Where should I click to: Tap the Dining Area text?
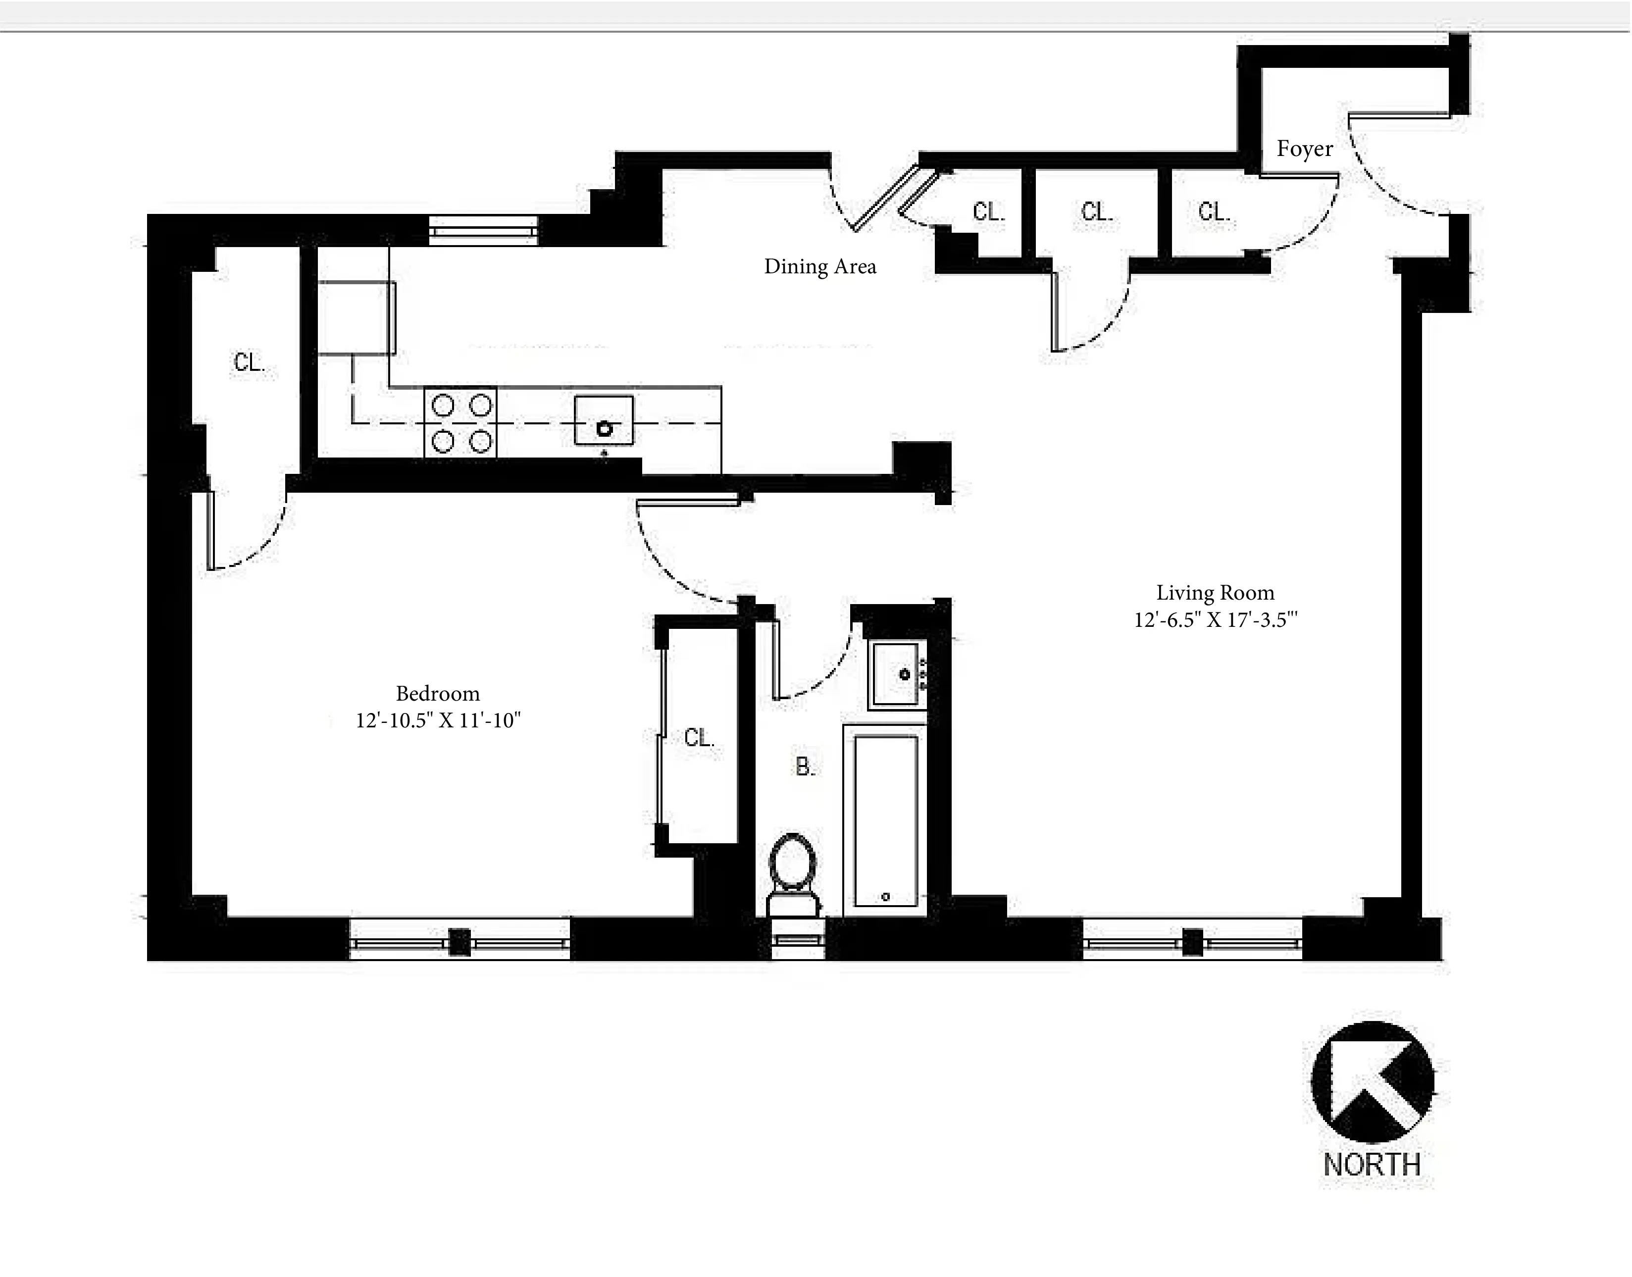819,267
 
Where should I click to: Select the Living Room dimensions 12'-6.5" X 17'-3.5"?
1215,620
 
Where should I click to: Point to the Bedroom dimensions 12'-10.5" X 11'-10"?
437,720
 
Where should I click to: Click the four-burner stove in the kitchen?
460,422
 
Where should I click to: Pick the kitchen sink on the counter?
603,421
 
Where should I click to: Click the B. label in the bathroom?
805,766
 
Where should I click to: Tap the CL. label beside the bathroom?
699,738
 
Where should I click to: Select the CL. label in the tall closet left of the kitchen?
249,362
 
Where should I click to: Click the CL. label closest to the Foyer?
1214,212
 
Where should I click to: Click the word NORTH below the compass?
1372,1165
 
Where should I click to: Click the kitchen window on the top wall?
484,231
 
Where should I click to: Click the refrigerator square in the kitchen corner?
356,318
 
